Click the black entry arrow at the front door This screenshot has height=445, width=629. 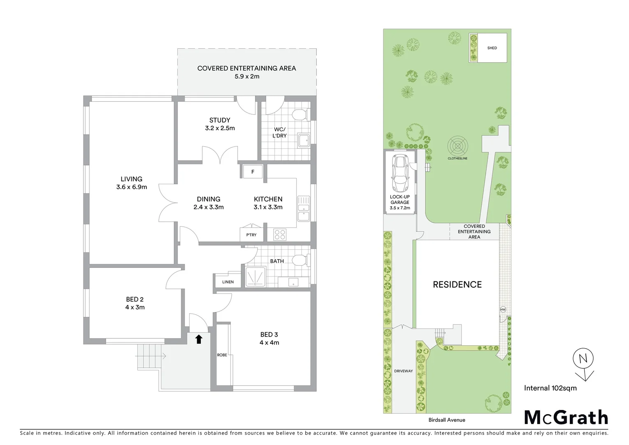pyautogui.click(x=199, y=339)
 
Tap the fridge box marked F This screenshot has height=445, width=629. pyautogui.click(x=253, y=172)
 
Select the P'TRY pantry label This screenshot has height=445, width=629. pyautogui.click(x=251, y=235)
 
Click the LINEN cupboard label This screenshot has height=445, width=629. pyautogui.click(x=228, y=282)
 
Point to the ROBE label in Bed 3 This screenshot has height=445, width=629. pyautogui.click(x=222, y=355)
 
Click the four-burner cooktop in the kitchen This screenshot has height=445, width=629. pyautogui.click(x=280, y=235)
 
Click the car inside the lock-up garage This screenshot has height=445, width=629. pyautogui.click(x=399, y=173)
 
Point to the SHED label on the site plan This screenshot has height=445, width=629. pyautogui.click(x=492, y=48)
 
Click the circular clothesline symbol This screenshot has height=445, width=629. pyautogui.click(x=458, y=145)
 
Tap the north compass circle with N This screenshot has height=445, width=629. pyautogui.click(x=583, y=358)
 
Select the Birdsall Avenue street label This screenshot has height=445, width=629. pyautogui.click(x=446, y=420)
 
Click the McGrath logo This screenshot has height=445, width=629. pyautogui.click(x=566, y=417)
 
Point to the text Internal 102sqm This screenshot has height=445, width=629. pyautogui.click(x=550, y=388)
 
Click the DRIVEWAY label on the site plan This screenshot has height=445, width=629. pyautogui.click(x=403, y=371)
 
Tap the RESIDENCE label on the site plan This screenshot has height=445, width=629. pyautogui.click(x=457, y=284)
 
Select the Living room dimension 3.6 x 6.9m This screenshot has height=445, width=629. pyautogui.click(x=131, y=187)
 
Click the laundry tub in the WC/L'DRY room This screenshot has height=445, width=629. pyautogui.click(x=304, y=141)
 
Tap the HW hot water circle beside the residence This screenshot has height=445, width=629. pyautogui.click(x=503, y=309)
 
